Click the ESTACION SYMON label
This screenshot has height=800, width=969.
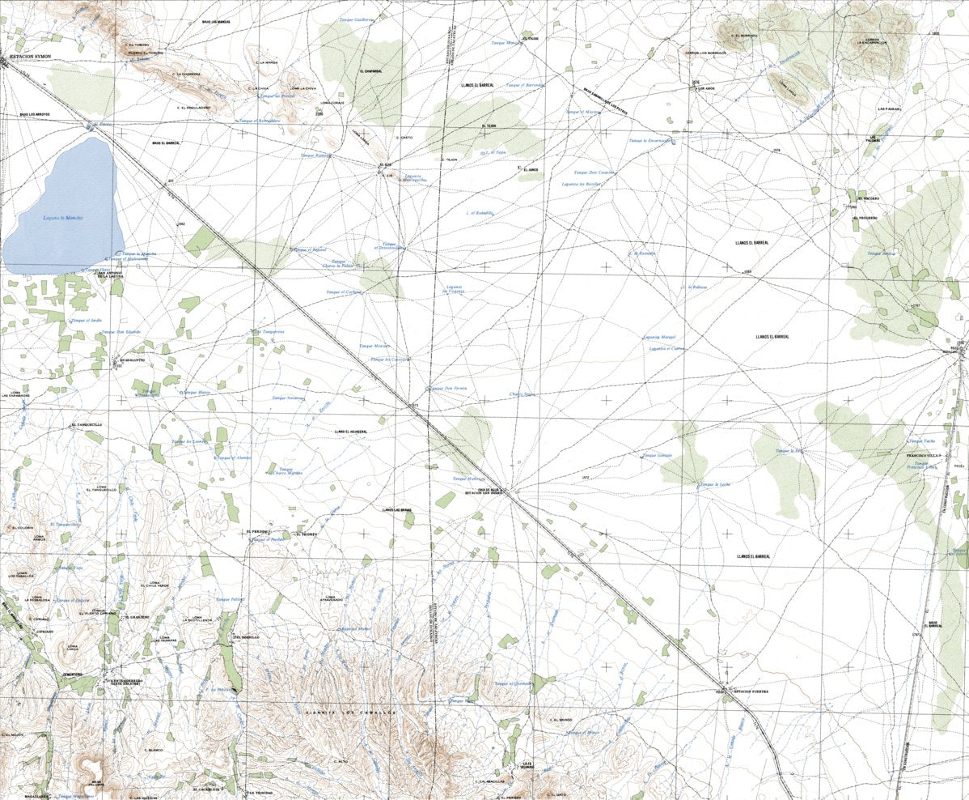[31, 57]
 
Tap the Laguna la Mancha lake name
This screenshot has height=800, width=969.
[63, 218]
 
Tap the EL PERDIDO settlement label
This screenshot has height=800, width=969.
[257, 531]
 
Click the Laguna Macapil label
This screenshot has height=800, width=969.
[658, 337]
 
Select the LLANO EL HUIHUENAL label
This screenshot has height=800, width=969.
[351, 432]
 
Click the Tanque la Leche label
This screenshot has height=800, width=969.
[714, 484]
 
